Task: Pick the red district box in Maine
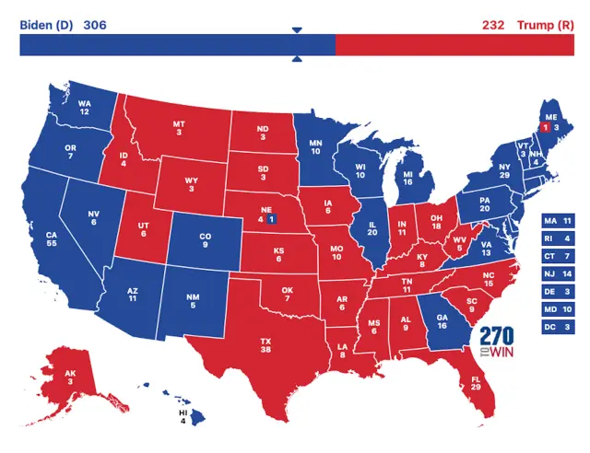point(545,128)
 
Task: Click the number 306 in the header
point(95,24)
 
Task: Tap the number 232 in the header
point(492,24)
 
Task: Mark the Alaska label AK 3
point(71,380)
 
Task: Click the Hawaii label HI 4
point(183,419)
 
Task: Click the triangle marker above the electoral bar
point(297,30)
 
